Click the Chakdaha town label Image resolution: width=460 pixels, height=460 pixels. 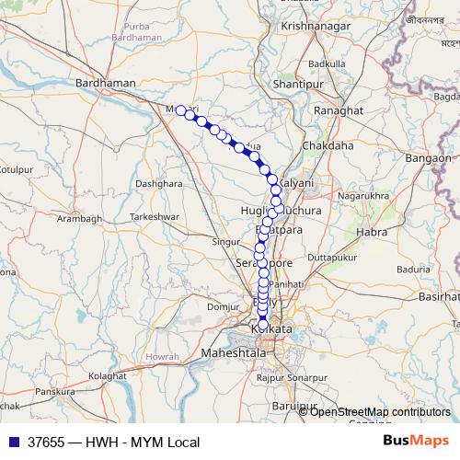point(328,145)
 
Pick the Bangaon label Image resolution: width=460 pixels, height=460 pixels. point(428,158)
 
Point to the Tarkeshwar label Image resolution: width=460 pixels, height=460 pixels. point(152,216)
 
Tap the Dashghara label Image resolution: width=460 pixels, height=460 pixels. point(158,183)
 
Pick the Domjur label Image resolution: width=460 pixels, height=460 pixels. point(223,306)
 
